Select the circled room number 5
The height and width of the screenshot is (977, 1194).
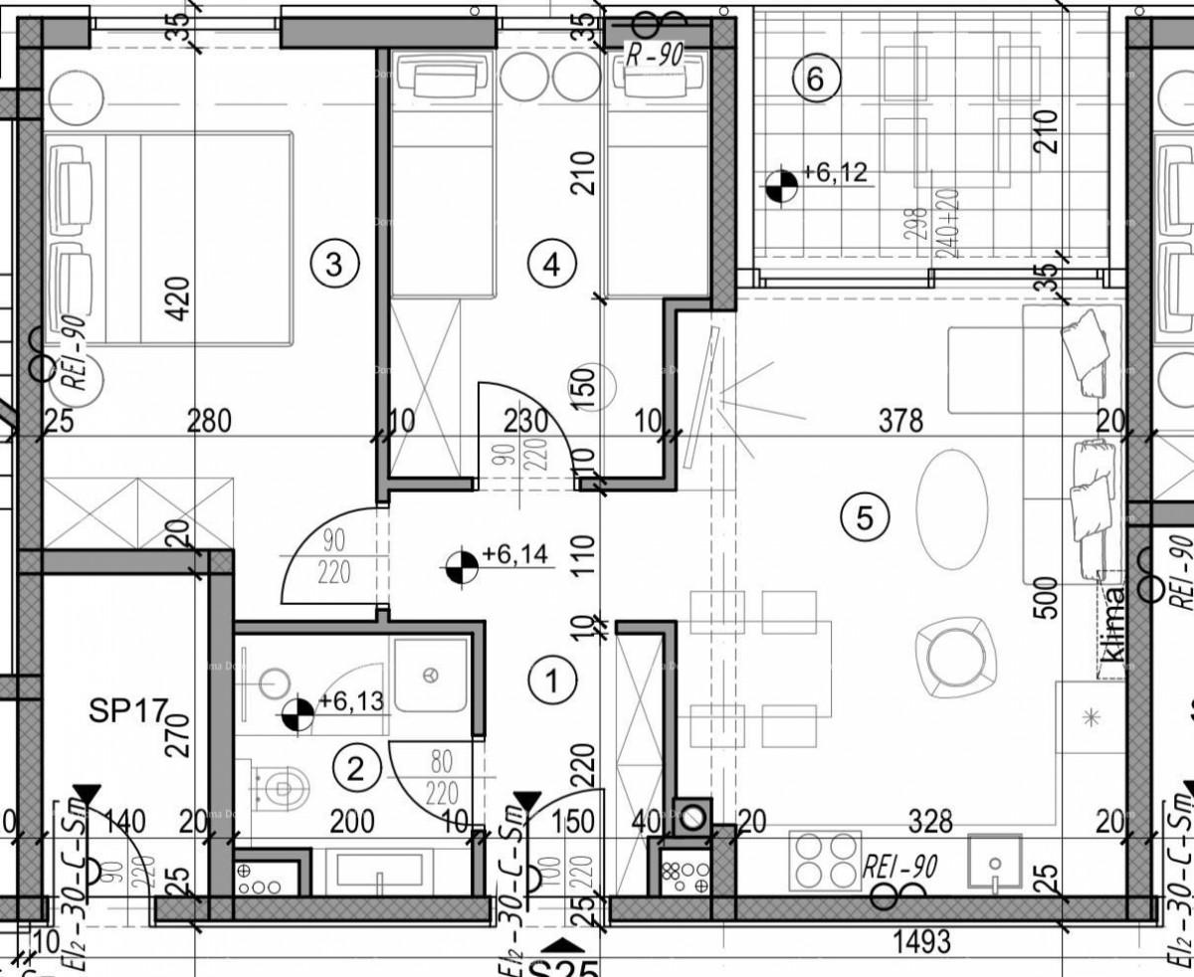(863, 516)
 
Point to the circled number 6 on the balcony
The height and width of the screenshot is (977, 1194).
(815, 79)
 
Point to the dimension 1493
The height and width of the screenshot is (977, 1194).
(922, 938)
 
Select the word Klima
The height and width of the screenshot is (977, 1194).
(1111, 628)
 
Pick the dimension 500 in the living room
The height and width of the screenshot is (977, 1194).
(1045, 598)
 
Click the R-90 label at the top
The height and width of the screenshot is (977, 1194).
(654, 57)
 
